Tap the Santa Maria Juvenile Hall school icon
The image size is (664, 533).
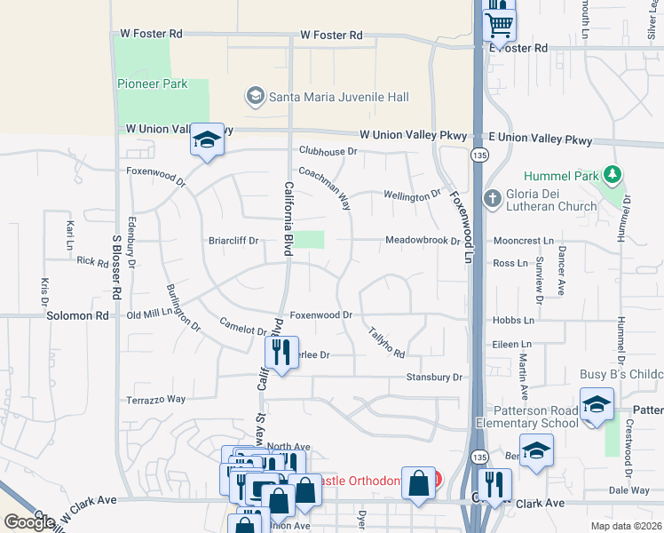[256, 96]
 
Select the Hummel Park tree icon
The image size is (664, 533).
[612, 174]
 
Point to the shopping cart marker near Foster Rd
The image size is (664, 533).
[500, 24]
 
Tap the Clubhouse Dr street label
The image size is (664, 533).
[328, 152]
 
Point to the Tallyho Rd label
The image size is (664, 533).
[386, 342]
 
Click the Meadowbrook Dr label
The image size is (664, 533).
[422, 241]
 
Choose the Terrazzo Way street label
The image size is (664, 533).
[155, 400]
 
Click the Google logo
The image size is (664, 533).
[29, 522]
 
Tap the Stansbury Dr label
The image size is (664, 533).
[435, 378]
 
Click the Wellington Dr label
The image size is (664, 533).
[412, 195]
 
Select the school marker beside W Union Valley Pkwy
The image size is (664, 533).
[207, 141]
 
